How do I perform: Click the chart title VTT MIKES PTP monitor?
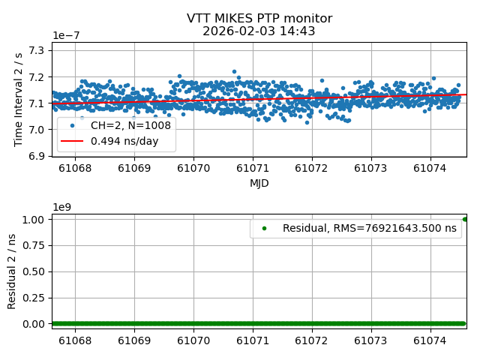[x=259, y=19]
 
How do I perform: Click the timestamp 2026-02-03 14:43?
[x=259, y=31]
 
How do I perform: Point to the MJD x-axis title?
[x=259, y=183]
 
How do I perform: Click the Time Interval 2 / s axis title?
[x=19, y=99]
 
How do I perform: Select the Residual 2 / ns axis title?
[x=12, y=271]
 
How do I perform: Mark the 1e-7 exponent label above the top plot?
[x=67, y=36]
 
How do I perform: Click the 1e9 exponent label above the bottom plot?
[x=63, y=207]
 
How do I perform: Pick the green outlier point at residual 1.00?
[x=465, y=219]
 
